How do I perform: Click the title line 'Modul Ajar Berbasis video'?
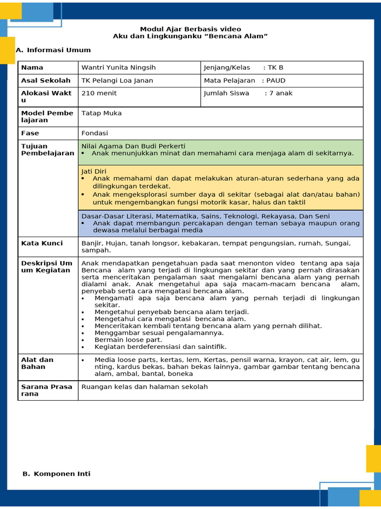coord(190,29)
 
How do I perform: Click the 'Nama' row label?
coord(32,68)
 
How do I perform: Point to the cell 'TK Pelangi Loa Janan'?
coord(117,81)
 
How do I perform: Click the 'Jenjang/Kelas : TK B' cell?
coord(244,68)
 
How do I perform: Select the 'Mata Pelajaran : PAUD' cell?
coord(245,81)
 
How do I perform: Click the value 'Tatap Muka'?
coord(101,113)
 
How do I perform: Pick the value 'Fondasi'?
coord(95,133)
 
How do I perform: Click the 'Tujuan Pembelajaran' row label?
coord(47,150)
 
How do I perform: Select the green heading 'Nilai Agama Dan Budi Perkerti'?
coord(133,146)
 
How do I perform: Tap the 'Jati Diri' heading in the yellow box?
coord(94,171)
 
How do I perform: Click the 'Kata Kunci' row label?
coord(42,243)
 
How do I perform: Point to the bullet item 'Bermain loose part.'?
coord(128,340)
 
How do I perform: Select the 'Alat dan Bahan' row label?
coord(37,363)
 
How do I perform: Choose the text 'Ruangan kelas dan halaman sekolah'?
coord(144,387)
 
